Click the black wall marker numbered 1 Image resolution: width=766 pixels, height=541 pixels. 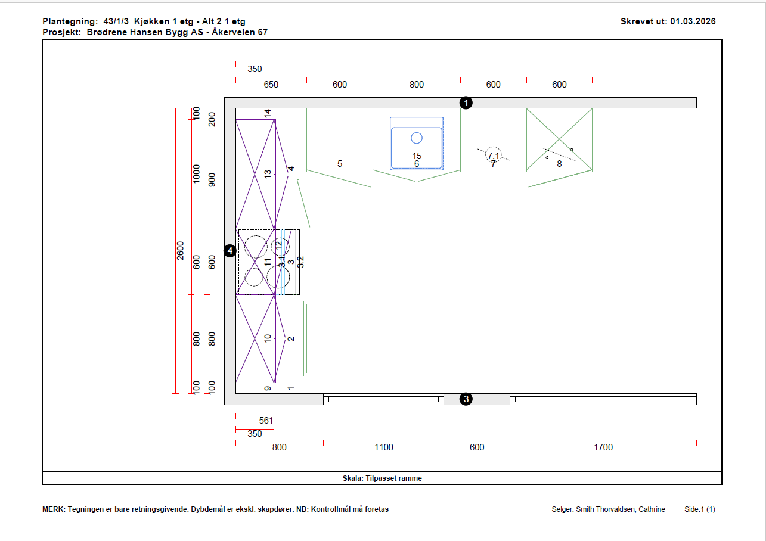point(466,103)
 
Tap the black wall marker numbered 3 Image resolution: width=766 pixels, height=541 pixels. point(466,399)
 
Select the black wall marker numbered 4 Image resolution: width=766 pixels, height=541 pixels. point(230,251)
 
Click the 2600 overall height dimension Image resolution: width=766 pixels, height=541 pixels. point(180,251)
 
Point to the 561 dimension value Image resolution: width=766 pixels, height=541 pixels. point(266,421)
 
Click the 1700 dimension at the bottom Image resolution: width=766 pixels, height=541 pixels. point(603,447)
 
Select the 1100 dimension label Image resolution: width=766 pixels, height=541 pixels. point(384,447)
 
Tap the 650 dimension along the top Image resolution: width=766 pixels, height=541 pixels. point(271,85)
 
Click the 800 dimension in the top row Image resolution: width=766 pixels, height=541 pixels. point(417,85)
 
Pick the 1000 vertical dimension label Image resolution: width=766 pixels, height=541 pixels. point(196,173)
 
